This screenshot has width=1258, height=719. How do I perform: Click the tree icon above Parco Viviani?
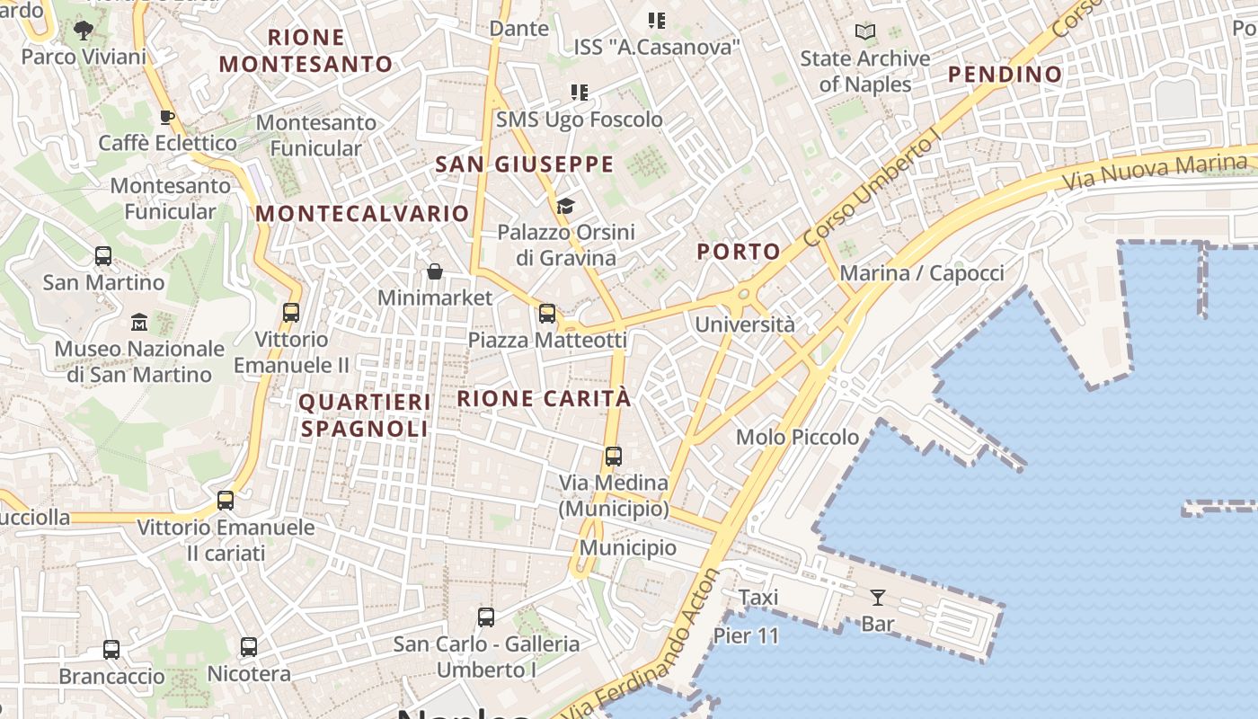point(84,31)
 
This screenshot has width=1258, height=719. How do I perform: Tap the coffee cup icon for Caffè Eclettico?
point(166,117)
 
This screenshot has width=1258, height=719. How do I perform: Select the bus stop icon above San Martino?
point(103,256)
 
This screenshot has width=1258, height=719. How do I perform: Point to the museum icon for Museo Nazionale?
point(139,322)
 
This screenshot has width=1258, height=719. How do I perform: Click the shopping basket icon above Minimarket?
point(435,271)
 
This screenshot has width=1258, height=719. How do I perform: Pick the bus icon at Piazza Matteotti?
point(547,314)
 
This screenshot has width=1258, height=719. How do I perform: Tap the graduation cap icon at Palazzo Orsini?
point(565,207)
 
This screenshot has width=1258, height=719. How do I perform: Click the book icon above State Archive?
point(865,32)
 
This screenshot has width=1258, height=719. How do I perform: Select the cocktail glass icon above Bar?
point(877,597)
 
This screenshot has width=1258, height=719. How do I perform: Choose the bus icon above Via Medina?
point(614,457)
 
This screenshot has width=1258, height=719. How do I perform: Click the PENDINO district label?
point(1006,74)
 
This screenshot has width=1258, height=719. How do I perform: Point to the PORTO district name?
point(739,252)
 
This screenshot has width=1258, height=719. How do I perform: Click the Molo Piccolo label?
point(797,438)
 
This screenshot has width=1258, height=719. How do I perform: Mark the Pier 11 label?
point(746,635)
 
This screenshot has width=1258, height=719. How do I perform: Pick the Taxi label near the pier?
point(758,598)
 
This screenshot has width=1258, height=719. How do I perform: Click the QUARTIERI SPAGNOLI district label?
point(365,415)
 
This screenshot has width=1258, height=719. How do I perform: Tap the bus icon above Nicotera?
point(249,647)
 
